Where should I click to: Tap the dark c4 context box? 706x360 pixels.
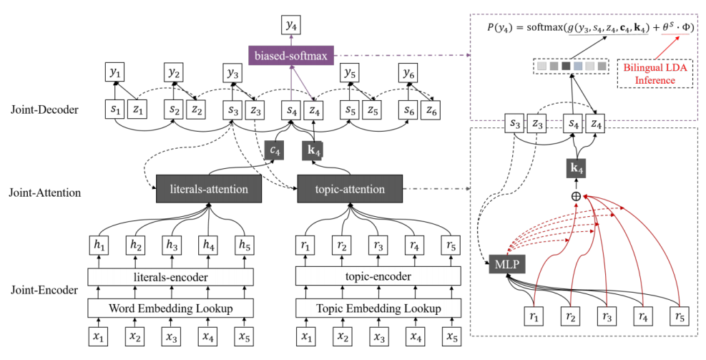click(x=273, y=150)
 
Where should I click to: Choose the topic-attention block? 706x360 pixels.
click(x=350, y=190)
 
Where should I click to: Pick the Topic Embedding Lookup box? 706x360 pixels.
click(x=378, y=308)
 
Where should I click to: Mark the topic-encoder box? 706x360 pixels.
click(x=378, y=276)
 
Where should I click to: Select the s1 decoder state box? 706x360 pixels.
click(x=114, y=110)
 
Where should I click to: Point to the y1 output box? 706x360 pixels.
click(x=114, y=73)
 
